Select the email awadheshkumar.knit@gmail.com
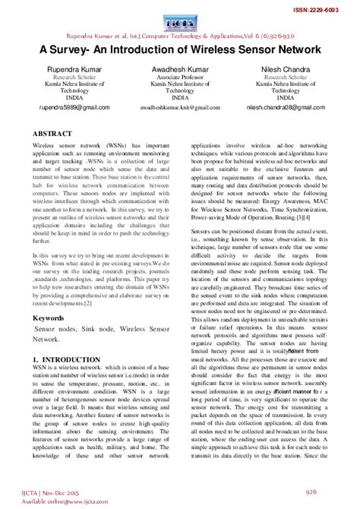tap(180, 108)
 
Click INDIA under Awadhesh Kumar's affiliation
tap(180, 97)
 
